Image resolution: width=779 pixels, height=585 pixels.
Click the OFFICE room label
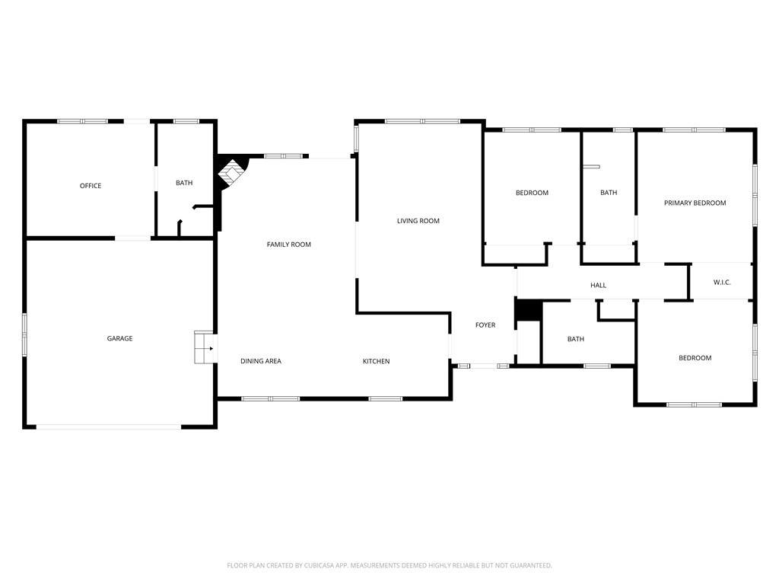[x=91, y=186]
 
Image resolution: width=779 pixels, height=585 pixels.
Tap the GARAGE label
[x=119, y=338]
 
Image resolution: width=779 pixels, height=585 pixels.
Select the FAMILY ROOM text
[x=288, y=245]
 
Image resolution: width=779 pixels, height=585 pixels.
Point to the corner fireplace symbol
[x=232, y=171]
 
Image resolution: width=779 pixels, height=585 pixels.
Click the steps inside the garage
[x=204, y=347]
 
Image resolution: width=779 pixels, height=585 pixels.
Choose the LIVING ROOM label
[x=418, y=221]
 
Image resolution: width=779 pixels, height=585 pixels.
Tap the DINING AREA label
[x=261, y=361]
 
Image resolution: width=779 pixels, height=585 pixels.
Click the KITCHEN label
[x=376, y=361]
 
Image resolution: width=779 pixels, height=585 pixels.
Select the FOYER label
[x=485, y=325]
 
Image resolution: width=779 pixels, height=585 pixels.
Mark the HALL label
[x=599, y=286]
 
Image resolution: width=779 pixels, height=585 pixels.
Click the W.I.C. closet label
[x=722, y=283]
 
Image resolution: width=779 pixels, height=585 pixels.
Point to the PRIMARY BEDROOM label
[x=695, y=203]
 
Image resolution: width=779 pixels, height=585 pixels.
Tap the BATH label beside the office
[x=184, y=183]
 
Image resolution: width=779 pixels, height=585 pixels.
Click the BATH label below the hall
[x=576, y=339]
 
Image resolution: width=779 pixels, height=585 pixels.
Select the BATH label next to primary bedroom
[x=609, y=193]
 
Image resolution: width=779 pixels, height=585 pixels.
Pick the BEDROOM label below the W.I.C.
[x=695, y=358]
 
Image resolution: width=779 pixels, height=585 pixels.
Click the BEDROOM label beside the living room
[x=532, y=193]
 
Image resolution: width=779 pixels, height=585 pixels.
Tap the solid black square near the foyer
[x=527, y=311]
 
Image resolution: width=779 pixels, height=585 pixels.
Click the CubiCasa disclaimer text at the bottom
[x=389, y=565]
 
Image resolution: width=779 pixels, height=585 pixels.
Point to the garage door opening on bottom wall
[x=109, y=427]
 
